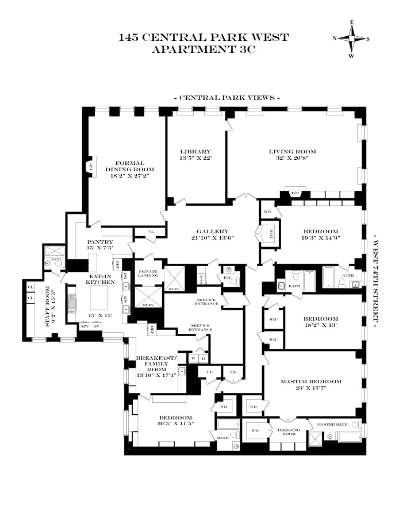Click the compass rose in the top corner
[351, 38]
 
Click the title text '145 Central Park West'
[204, 38]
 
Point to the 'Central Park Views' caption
[227, 98]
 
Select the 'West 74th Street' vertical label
[377, 280]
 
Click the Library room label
[196, 152]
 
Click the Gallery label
[212, 231]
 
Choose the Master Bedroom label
[311, 382]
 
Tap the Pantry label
[100, 242]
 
